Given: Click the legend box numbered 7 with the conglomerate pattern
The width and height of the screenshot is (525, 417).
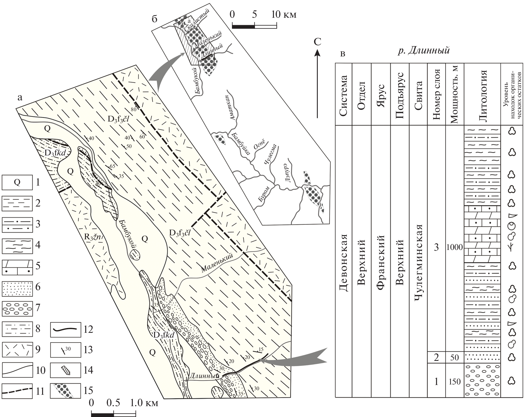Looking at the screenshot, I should (x=17, y=308).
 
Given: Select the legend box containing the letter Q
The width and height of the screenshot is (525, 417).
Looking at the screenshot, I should (x=17, y=182).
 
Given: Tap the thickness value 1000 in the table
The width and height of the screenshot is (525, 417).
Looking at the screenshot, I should (x=454, y=247).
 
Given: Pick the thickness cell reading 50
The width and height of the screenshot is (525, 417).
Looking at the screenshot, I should (x=454, y=357).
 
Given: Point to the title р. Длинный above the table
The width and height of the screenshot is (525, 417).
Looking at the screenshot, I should (x=424, y=50).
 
